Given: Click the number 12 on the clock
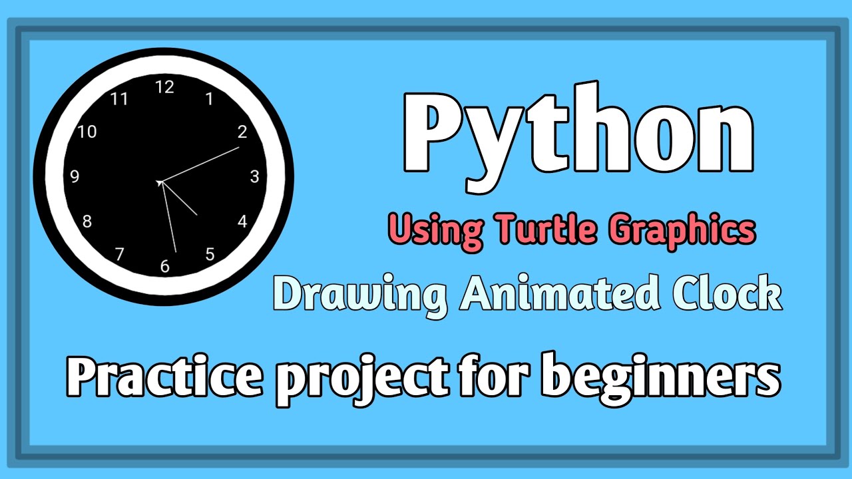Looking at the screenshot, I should (x=164, y=87).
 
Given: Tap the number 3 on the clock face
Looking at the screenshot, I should (x=254, y=176).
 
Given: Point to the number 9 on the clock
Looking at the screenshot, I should (x=75, y=176).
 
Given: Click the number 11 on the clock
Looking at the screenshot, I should (x=119, y=99).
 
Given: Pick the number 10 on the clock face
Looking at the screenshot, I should (x=87, y=132).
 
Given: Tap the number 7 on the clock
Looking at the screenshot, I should (x=120, y=253).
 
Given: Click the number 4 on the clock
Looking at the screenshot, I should (x=242, y=222).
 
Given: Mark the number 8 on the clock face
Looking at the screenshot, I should (x=87, y=222).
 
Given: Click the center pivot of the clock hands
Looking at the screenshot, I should (x=160, y=182).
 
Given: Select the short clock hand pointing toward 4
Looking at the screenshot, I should (x=180, y=200).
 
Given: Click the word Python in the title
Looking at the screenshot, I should (x=578, y=136).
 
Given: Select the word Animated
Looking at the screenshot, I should (x=557, y=295).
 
